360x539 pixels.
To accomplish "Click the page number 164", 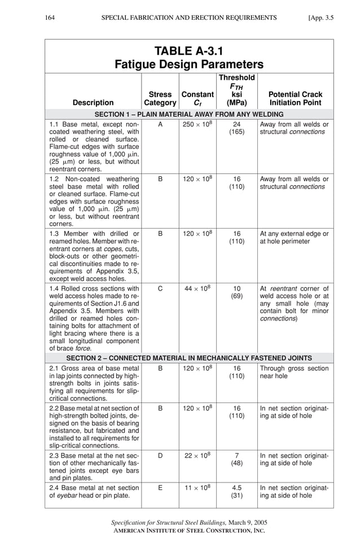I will click(x=51, y=17).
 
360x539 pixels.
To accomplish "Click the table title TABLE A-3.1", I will click(x=189, y=51).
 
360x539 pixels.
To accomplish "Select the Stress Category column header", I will click(x=160, y=99).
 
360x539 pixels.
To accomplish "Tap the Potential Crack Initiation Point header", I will click(x=295, y=99).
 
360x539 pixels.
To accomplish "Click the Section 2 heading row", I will click(x=189, y=358).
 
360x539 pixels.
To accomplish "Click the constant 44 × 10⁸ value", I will click(x=197, y=288).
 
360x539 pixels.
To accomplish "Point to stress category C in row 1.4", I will click(x=160, y=288).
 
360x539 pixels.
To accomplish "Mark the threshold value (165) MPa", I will click(x=237, y=132).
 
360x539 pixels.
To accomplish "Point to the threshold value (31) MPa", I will click(x=237, y=496).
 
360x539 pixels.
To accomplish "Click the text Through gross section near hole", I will click(x=294, y=372).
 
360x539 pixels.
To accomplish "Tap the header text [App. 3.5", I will click(x=321, y=17).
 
